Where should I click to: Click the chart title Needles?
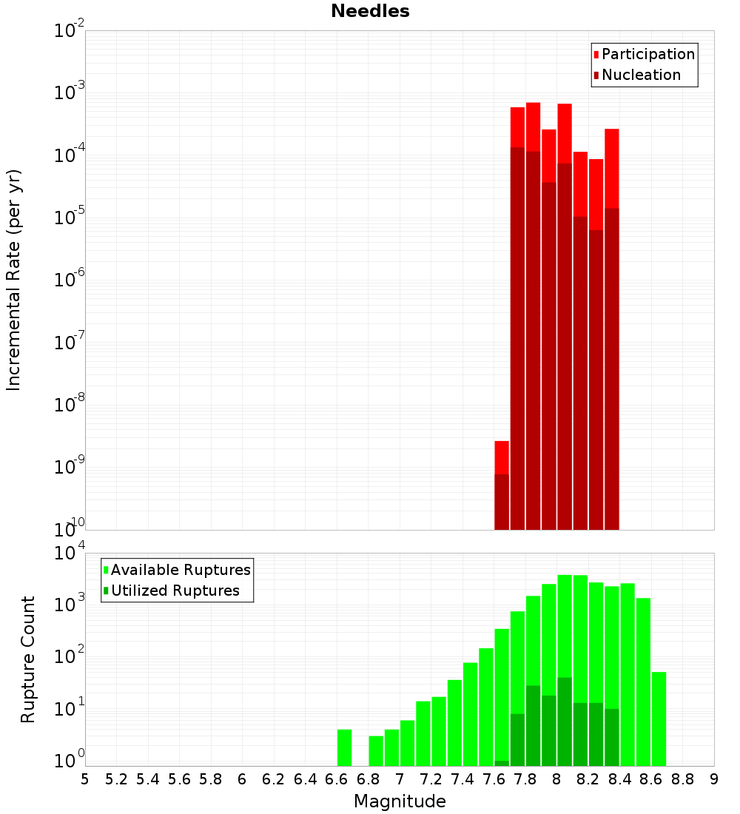pos(370,11)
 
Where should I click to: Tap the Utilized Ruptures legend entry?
pos(175,591)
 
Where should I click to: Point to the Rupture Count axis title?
pos(28,659)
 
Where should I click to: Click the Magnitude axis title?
pos(400,801)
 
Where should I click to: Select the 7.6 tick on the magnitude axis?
pos(494,779)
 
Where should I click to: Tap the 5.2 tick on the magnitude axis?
pos(116,779)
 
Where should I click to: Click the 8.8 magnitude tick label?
pos(682,779)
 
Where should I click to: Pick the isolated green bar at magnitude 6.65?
pos(344,747)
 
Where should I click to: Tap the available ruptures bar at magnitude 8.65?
pos(659,718)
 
